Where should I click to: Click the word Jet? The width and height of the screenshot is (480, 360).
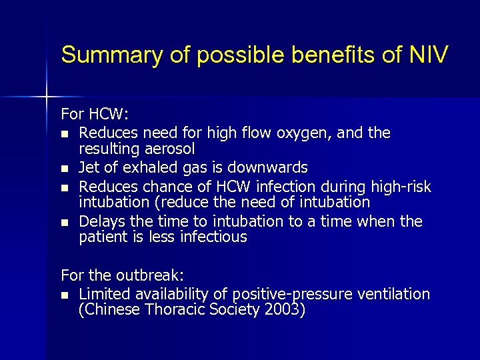tap(89, 167)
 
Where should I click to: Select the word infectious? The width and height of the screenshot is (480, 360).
tap(213, 237)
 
